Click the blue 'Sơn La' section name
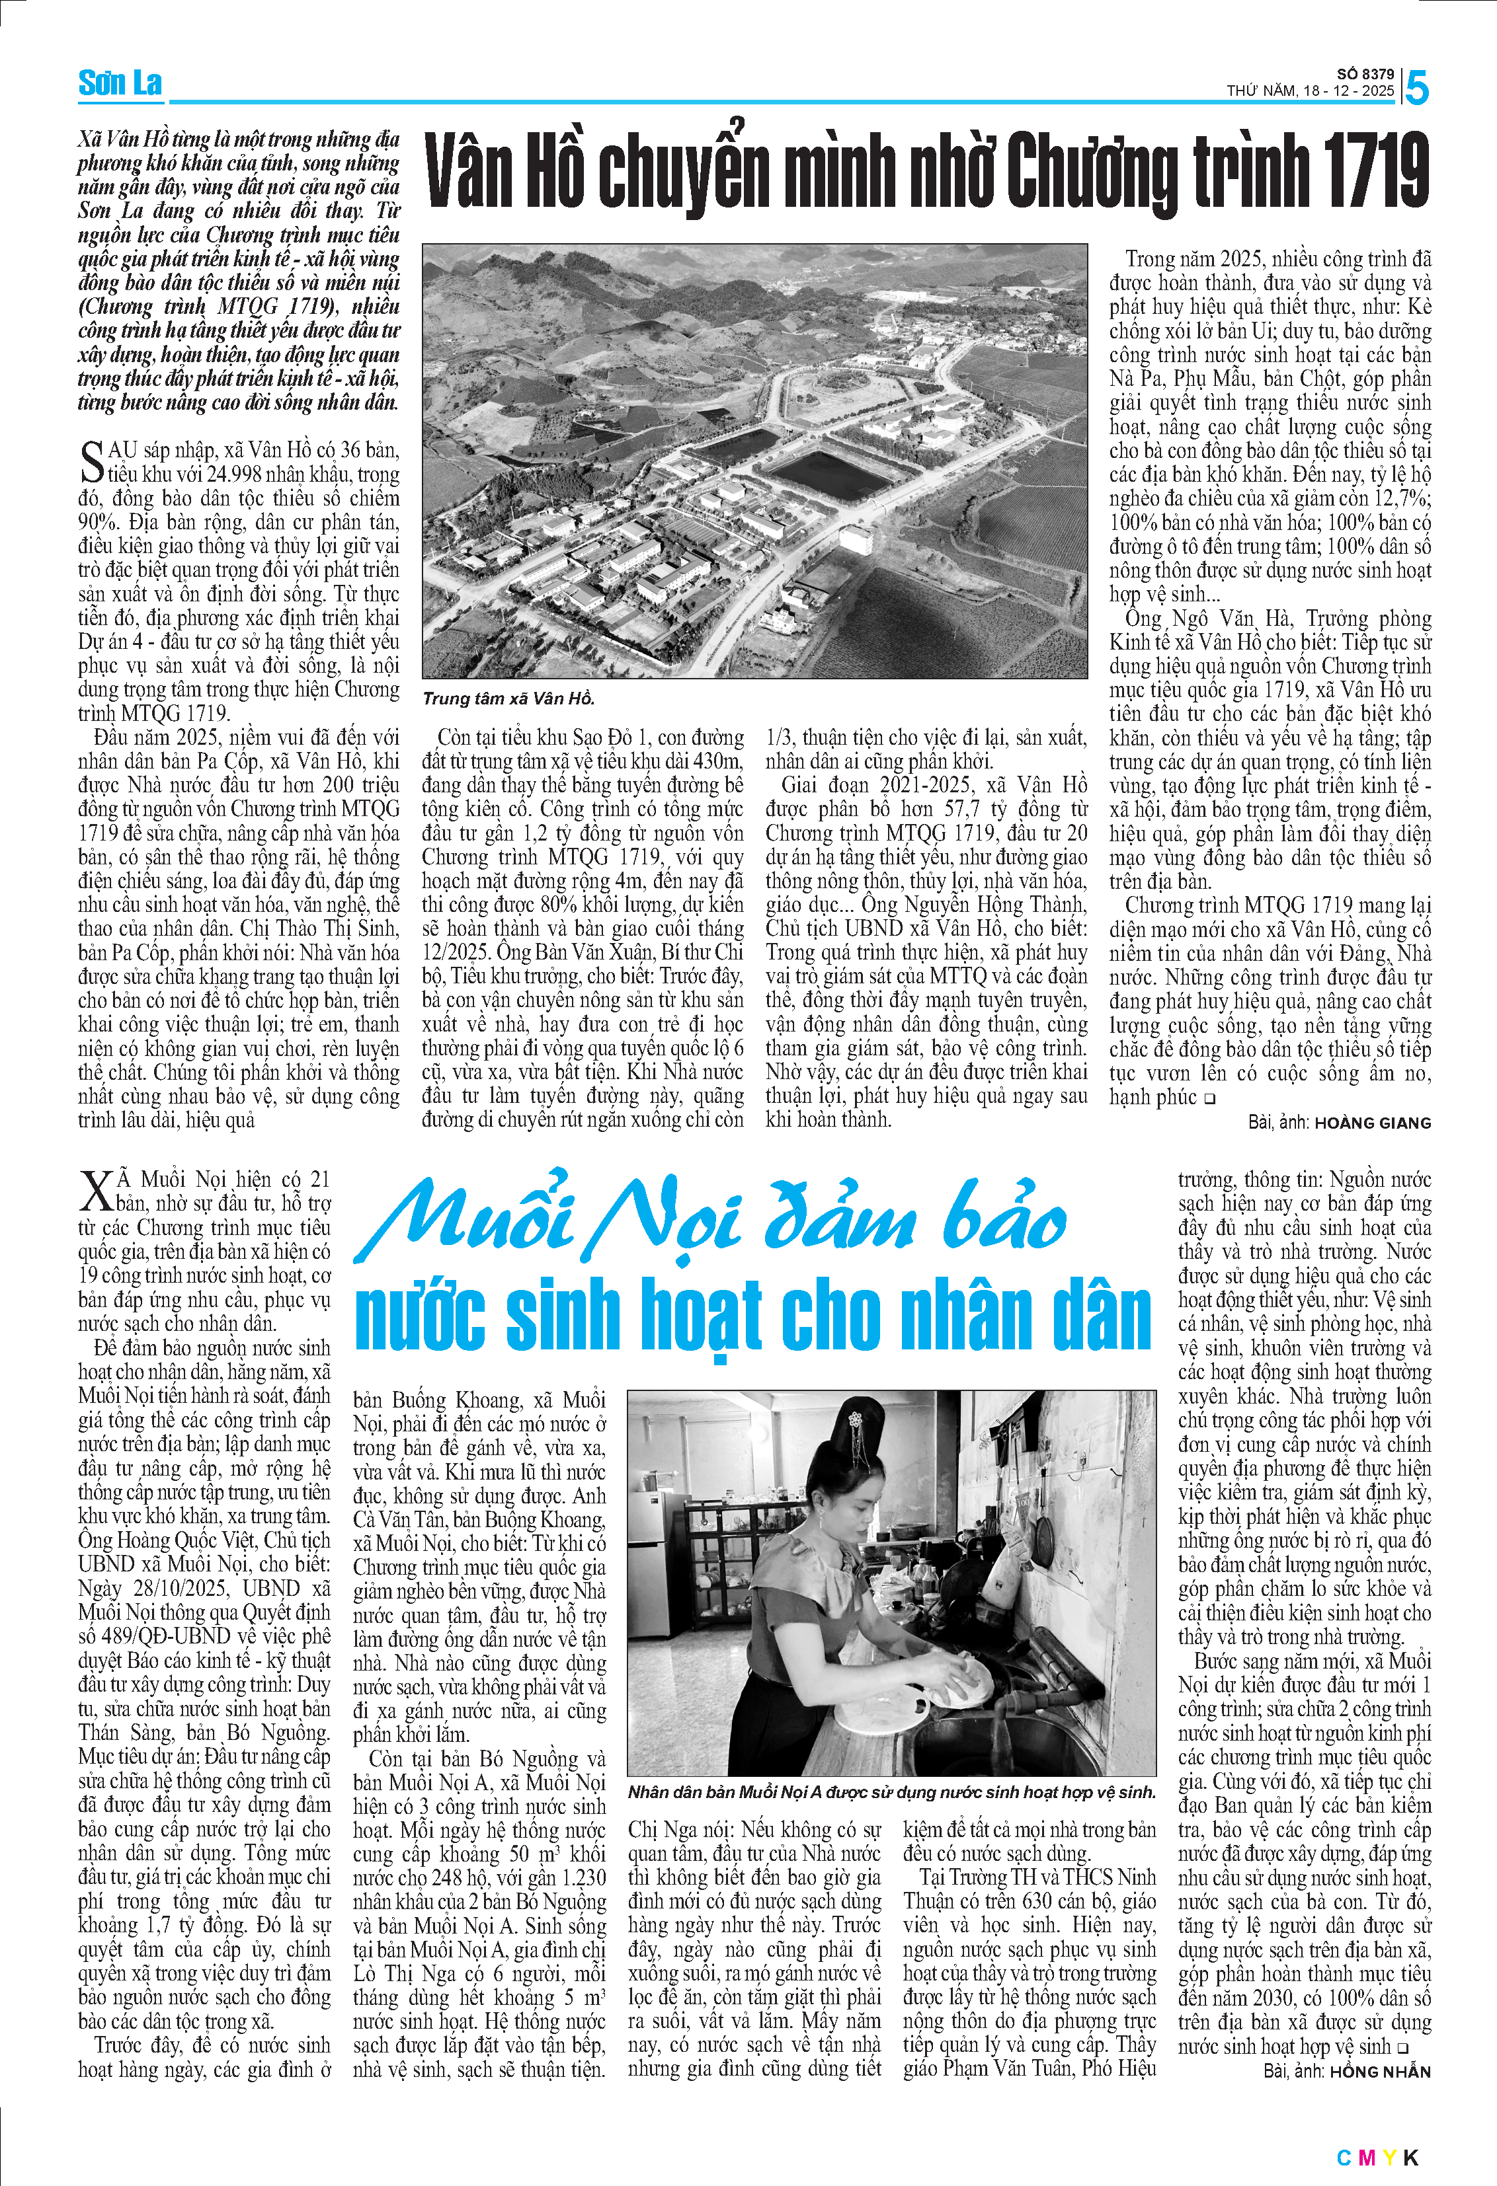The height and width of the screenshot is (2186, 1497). point(120,84)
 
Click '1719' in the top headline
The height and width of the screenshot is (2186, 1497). point(1375,171)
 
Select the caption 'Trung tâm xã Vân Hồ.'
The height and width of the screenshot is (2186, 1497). point(508,698)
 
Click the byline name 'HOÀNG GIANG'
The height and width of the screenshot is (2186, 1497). point(1372,1123)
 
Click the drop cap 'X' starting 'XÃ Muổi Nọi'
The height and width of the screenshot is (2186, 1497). point(96,1191)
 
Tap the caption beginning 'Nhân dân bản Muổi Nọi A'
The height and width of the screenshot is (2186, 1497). point(890,1792)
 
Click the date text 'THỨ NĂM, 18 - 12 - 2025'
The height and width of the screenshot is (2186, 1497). point(1310,91)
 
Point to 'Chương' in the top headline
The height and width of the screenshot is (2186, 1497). point(1092,171)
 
